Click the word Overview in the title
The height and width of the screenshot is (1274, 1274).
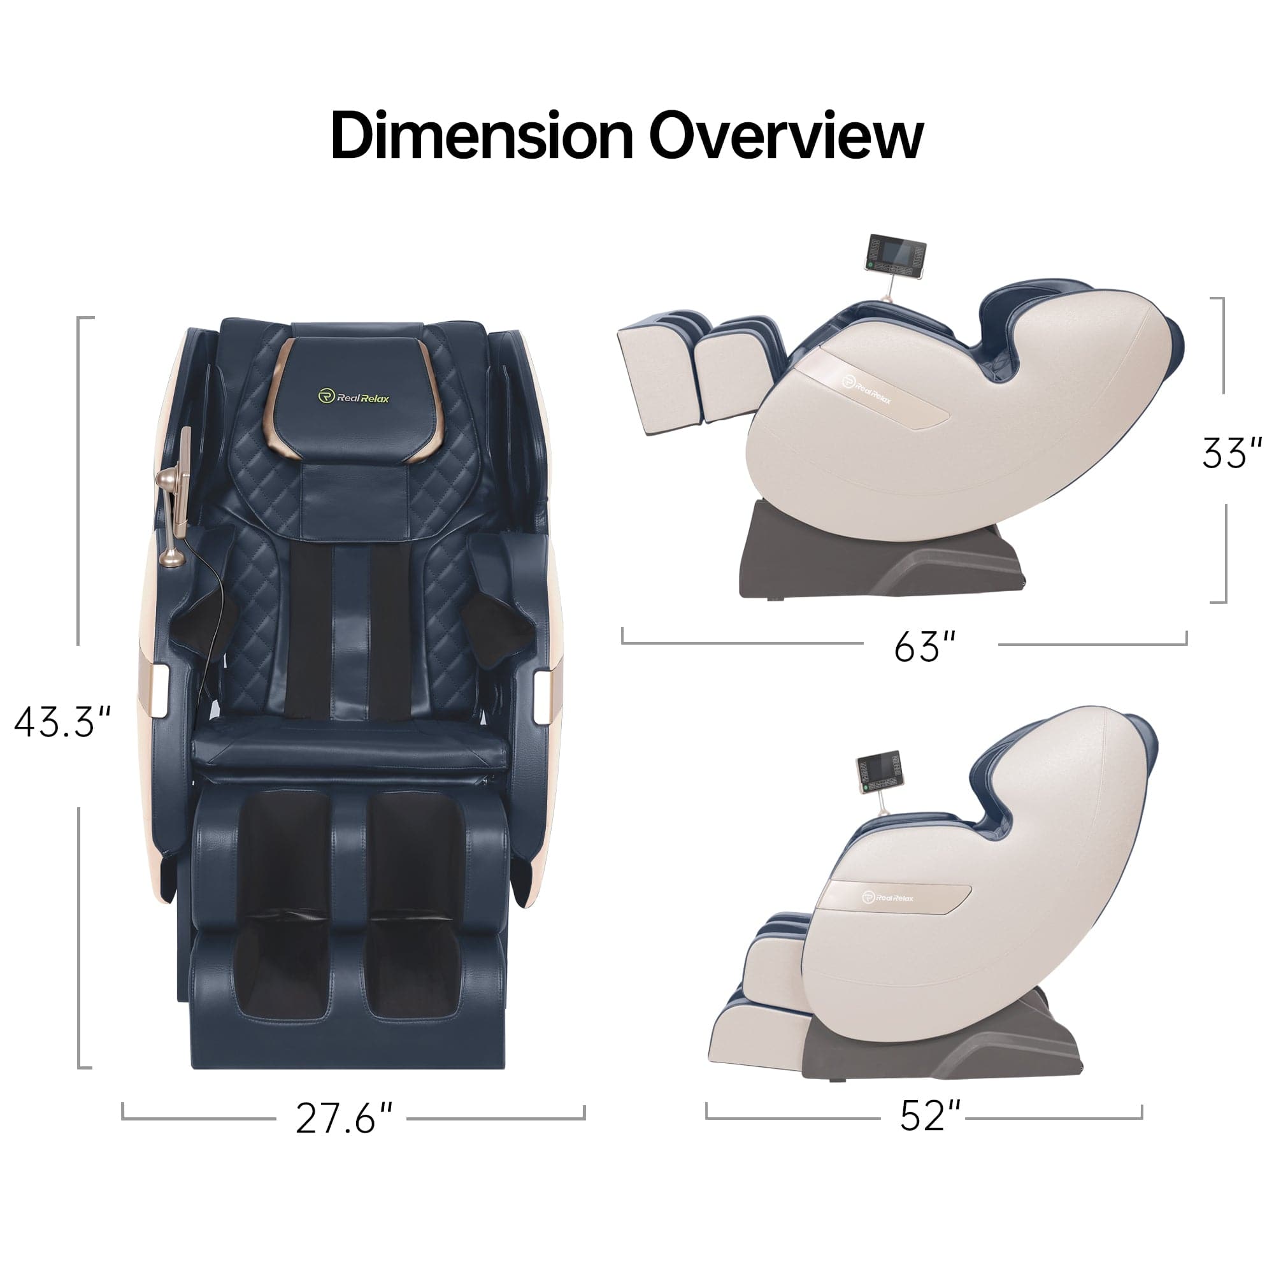click(786, 135)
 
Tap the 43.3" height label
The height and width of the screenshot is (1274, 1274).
click(62, 722)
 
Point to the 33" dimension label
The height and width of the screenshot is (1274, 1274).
click(1231, 453)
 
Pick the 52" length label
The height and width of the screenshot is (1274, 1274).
click(931, 1116)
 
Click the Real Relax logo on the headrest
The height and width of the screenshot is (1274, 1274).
click(354, 396)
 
